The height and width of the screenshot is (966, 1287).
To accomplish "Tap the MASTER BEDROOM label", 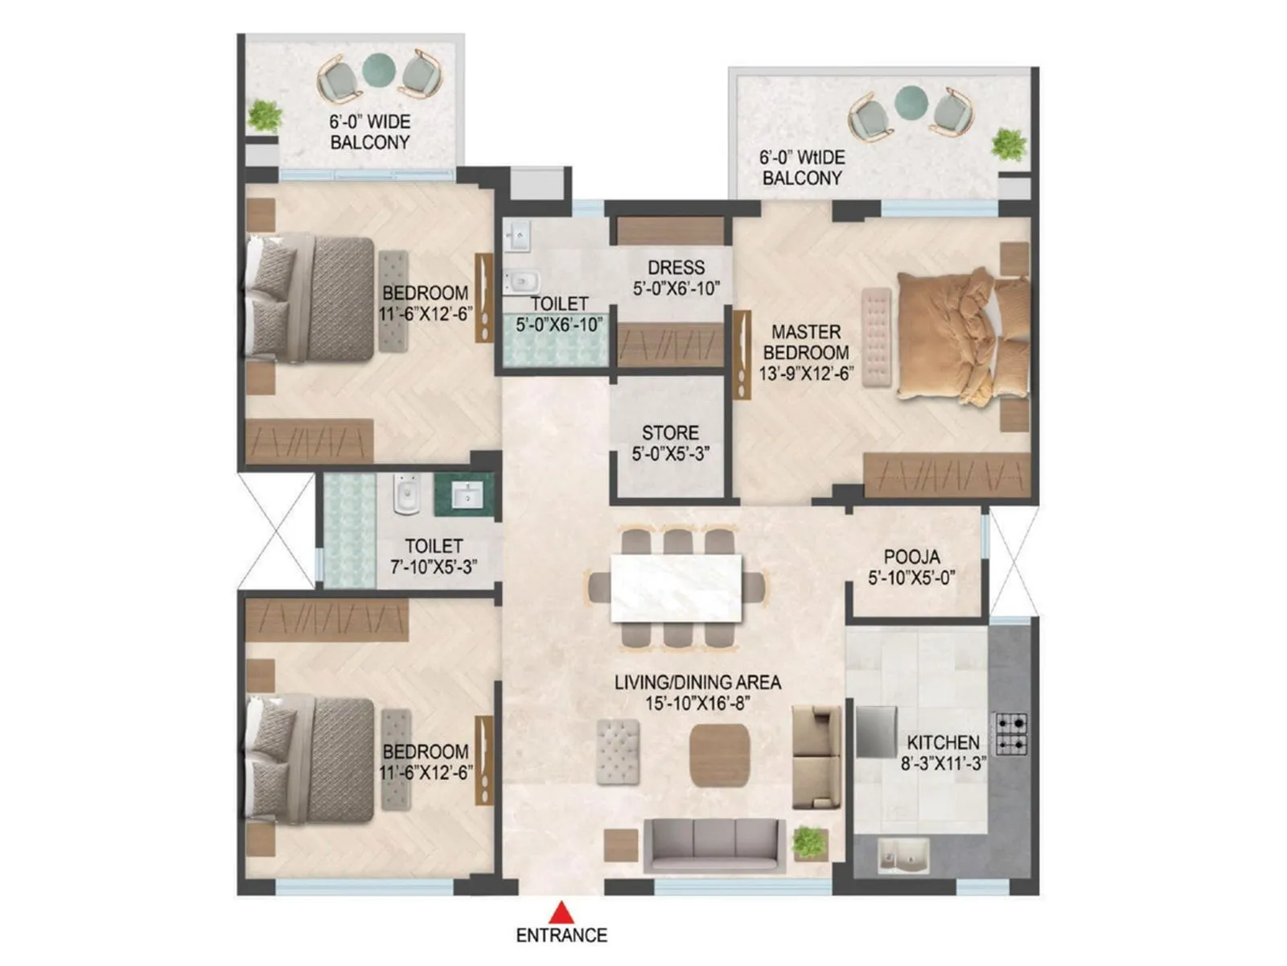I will point(806,353).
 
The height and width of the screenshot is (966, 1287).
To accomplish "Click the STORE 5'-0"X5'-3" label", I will point(670,444).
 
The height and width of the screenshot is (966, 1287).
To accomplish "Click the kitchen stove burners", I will point(1010,733).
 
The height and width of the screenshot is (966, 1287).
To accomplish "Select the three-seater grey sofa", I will point(714,845).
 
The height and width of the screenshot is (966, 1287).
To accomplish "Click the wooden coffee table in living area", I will point(719,755).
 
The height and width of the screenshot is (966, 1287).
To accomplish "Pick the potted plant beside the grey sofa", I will point(809,843).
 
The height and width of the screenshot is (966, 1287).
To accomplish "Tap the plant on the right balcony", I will point(1008,145).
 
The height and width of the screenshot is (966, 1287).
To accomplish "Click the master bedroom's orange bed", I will point(961,338).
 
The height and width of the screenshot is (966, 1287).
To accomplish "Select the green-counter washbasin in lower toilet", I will point(464,494).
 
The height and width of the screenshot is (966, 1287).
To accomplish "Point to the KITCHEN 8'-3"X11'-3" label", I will point(943,753).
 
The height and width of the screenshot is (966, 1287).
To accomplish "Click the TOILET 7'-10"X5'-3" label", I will point(434,556).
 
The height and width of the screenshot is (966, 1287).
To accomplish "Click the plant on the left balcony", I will point(265,116).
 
